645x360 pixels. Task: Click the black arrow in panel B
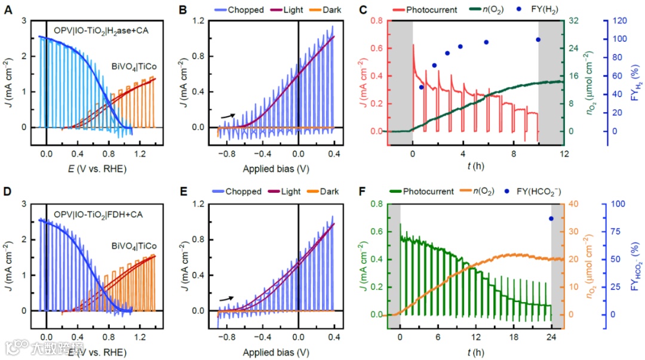pyautogui.click(x=228, y=116)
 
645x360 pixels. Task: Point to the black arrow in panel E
pyautogui.click(x=228, y=298)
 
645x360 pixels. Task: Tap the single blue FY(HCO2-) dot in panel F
pyautogui.click(x=551, y=219)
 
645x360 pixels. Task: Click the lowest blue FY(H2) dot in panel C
pyautogui.click(x=422, y=87)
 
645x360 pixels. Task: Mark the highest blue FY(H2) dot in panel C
pyautogui.click(x=538, y=39)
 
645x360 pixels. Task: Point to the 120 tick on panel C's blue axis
pyautogui.click(x=616, y=21)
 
